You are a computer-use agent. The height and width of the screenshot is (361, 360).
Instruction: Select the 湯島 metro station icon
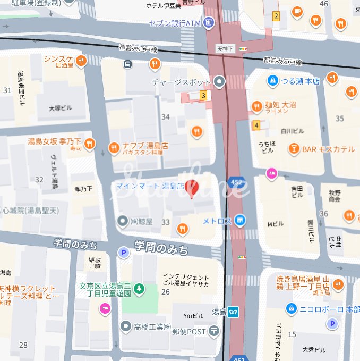(x=234, y=312)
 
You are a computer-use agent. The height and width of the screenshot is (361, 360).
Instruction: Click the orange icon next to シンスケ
(x=81, y=61)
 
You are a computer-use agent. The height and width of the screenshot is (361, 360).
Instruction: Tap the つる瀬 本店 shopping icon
(x=272, y=81)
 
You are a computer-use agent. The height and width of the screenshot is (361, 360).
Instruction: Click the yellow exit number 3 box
(x=203, y=96)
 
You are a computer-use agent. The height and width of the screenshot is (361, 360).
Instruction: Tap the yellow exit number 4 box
(x=256, y=125)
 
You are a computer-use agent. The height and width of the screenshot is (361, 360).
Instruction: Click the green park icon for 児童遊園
(x=139, y=289)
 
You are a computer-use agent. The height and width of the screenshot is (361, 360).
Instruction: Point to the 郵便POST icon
(x=213, y=331)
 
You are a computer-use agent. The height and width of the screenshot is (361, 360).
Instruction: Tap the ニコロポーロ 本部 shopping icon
(x=290, y=308)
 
